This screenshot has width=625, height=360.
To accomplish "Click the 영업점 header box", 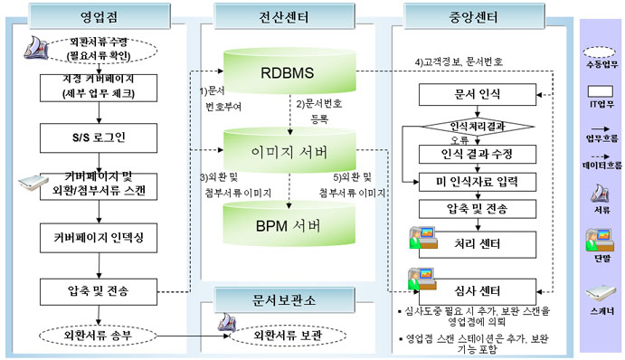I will pyautogui.click(x=99, y=15).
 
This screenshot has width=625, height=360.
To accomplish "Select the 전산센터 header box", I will pyautogui.click(x=289, y=15).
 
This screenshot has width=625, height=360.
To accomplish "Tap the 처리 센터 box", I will pyautogui.click(x=477, y=242).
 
